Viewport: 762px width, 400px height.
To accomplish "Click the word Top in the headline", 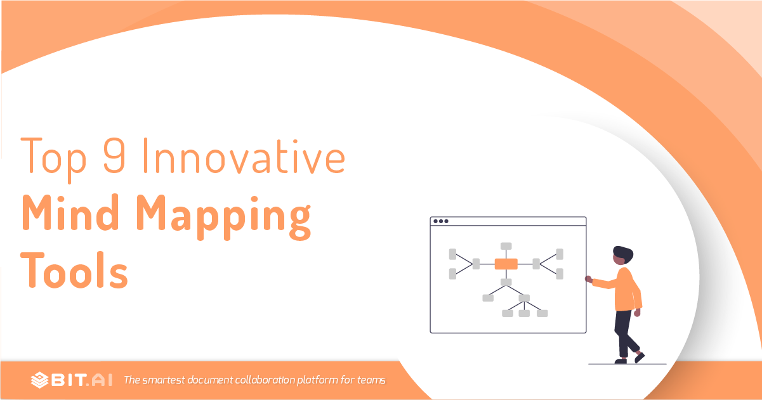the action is click(x=53, y=159).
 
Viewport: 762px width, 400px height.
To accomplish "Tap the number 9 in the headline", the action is click(x=114, y=156).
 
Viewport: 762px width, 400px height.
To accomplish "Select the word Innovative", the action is click(x=244, y=156).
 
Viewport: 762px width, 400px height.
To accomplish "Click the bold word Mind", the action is click(x=70, y=212).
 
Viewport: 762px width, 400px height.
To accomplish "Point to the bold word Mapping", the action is click(x=224, y=217).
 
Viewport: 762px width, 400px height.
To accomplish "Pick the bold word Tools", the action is click(x=74, y=270).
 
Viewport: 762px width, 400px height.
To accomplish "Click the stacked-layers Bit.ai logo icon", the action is click(x=40, y=380).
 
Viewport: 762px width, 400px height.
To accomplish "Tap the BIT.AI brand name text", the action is click(x=82, y=380).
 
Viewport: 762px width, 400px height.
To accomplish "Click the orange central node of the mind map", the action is click(x=506, y=264).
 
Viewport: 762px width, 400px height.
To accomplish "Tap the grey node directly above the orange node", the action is click(x=506, y=246).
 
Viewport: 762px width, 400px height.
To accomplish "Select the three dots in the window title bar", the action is click(x=441, y=221).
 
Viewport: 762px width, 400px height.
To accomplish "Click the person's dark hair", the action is click(x=623, y=254).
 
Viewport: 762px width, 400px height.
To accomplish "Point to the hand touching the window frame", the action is click(x=589, y=280).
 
